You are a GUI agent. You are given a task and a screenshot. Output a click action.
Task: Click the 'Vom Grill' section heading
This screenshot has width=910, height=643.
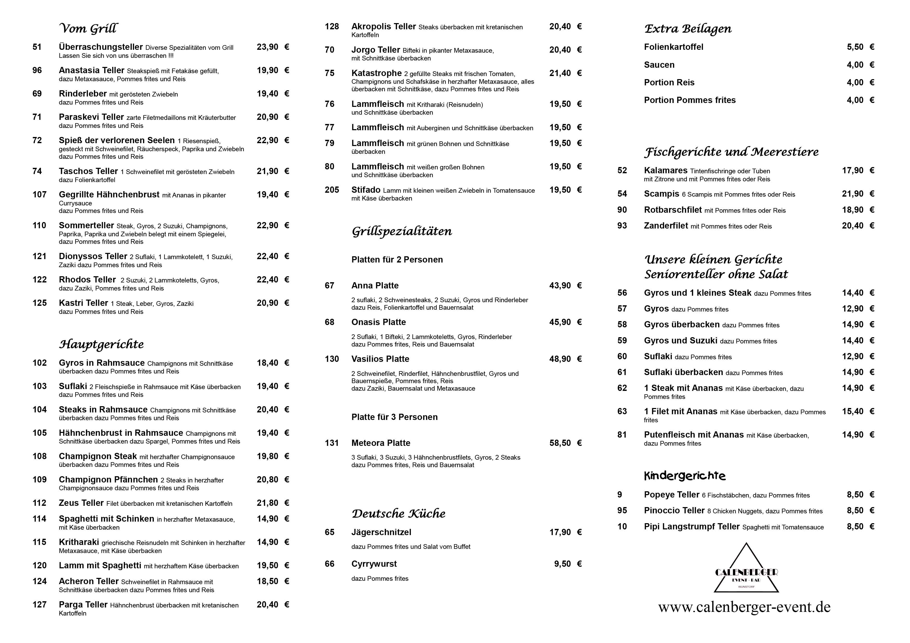pos(88,29)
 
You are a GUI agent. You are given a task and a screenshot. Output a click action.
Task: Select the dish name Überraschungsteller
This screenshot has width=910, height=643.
pos(101,47)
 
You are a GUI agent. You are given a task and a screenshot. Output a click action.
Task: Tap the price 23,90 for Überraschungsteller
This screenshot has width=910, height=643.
pos(267,47)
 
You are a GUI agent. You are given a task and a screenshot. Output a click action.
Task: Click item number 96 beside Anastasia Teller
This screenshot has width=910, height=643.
pos(37,71)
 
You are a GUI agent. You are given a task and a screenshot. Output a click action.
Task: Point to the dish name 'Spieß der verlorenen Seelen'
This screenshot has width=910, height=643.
pos(116,141)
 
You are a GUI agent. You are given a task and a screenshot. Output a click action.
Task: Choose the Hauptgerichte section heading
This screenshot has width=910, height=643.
pos(101,344)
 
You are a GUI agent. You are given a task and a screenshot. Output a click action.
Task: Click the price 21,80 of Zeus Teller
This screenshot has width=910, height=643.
pos(267,503)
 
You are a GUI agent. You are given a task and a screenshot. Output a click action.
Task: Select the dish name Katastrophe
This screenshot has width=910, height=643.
pos(376,73)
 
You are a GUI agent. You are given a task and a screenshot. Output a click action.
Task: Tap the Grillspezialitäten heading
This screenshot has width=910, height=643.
pos(402,231)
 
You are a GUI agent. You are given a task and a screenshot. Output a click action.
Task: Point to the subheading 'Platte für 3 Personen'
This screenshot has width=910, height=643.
pos(394,417)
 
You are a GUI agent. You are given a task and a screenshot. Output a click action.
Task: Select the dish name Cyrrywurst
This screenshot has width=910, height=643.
pos(374,564)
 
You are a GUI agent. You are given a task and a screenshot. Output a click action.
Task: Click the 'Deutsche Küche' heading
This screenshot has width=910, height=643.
pos(398,514)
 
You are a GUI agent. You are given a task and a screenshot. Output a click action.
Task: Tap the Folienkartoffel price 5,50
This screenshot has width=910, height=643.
pos(855,47)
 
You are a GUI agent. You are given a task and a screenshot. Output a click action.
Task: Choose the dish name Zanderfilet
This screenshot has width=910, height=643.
pos(666,226)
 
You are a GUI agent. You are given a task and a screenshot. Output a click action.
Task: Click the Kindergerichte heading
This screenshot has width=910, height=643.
pos(685,476)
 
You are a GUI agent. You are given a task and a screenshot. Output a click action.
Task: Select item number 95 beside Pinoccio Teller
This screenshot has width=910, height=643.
pos(622,511)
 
